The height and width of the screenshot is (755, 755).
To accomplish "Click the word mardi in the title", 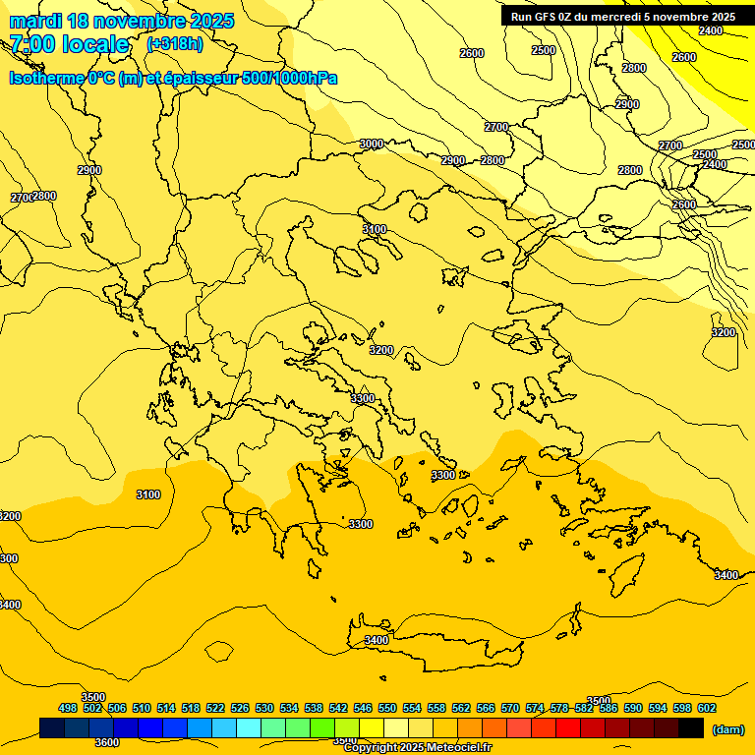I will [x=32, y=21].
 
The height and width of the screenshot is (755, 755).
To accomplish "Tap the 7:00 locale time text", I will [x=69, y=44].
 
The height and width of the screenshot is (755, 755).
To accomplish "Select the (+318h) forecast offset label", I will [x=175, y=44].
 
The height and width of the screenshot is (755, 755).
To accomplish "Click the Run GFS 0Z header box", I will [x=622, y=17].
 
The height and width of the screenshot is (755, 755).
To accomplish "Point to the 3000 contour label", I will [x=372, y=145].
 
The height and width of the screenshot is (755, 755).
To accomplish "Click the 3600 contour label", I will [x=106, y=742].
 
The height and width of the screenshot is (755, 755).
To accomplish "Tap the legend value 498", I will [x=68, y=708].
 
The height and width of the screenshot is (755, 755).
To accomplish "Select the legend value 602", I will [x=707, y=708].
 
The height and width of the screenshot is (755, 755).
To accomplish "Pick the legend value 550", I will [x=387, y=708].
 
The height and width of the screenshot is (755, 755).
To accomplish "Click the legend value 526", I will [x=240, y=708].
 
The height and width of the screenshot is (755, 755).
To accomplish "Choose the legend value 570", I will [x=510, y=708].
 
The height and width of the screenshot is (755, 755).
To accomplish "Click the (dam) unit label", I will [x=727, y=729].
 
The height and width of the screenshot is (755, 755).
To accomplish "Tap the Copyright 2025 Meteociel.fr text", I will [x=417, y=748].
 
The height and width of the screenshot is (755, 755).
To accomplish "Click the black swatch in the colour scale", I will [x=691, y=727].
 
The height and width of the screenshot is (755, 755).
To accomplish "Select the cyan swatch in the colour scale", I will [x=249, y=727].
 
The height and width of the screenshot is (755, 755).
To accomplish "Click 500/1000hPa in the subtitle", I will [x=289, y=79].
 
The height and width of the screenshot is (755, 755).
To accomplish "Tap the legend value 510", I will [x=142, y=708].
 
